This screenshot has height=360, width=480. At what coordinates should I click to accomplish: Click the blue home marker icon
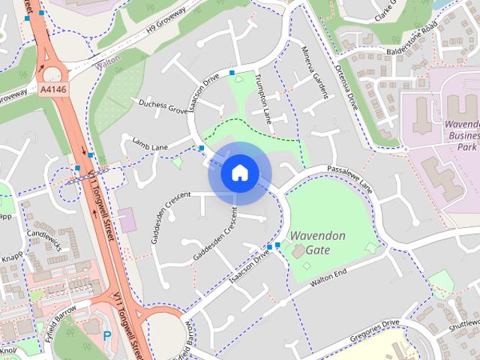click(x=239, y=173)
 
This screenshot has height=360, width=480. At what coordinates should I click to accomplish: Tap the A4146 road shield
click(x=52, y=89)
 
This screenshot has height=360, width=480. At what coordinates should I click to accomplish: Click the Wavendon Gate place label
click(x=318, y=241)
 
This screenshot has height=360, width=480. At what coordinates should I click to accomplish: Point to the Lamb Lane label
click(x=150, y=142)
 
